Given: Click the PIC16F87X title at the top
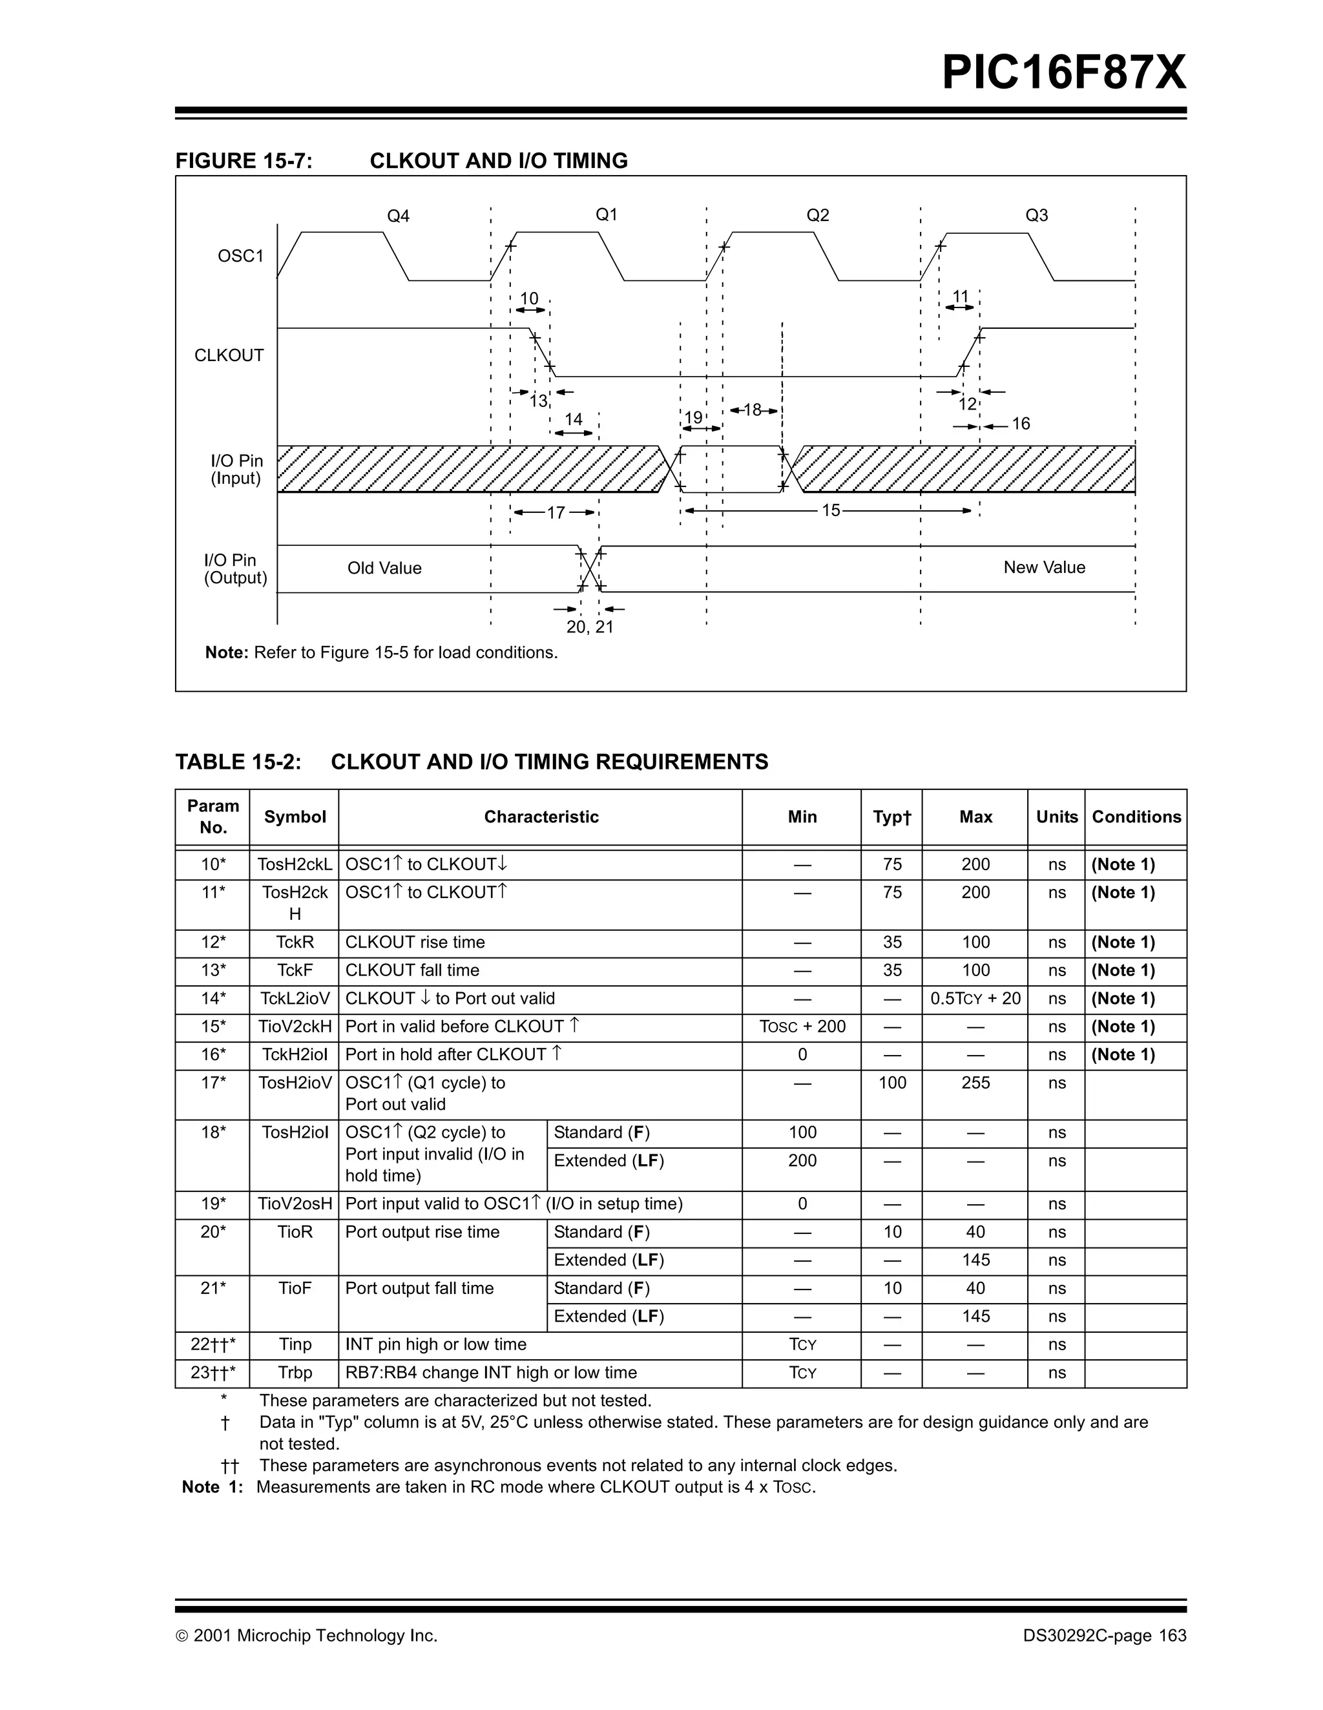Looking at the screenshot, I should (1063, 73).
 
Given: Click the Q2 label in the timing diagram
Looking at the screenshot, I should (817, 215).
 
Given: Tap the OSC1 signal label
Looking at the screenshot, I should (240, 256).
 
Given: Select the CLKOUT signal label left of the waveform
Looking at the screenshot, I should (229, 355).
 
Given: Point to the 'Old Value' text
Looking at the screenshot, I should (384, 568).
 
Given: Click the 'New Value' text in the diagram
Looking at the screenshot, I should (1043, 568).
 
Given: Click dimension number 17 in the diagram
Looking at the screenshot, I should (556, 513).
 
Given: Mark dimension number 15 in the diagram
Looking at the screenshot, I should (831, 510).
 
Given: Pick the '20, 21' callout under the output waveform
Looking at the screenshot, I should (590, 627).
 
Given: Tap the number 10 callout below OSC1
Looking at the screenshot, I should (529, 298).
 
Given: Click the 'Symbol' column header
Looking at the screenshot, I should (295, 817).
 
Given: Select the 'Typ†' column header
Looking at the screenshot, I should (891, 817).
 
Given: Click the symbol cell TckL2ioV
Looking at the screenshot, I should (295, 999).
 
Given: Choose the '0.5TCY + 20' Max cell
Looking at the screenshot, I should (975, 999).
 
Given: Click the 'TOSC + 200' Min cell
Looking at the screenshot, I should (802, 1027).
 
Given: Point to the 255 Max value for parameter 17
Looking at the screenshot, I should (975, 1083).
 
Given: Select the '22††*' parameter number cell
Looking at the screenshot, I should (212, 1345).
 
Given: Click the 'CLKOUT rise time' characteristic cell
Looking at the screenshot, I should (415, 943).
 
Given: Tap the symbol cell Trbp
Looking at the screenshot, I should (295, 1373).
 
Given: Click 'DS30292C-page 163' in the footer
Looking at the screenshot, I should (1104, 1636).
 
